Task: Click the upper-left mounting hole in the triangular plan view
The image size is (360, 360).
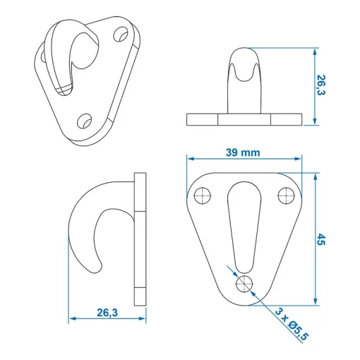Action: point(204,195)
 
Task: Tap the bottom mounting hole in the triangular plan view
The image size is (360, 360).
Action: point(245,283)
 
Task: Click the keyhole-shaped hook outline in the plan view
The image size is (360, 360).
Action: point(244,226)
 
